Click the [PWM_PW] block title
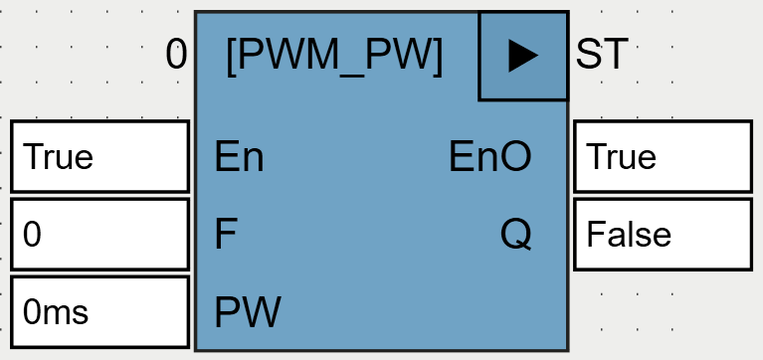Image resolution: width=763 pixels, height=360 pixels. (x=334, y=56)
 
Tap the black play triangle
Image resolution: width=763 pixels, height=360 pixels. (x=522, y=57)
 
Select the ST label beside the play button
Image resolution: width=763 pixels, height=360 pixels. (x=601, y=56)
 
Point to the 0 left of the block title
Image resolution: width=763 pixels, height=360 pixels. (x=176, y=56)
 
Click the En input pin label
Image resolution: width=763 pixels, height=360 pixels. (x=239, y=157)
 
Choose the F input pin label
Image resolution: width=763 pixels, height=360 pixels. (x=226, y=235)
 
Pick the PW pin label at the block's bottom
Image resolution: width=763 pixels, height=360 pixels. (x=248, y=313)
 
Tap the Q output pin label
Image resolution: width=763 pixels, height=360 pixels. (x=515, y=235)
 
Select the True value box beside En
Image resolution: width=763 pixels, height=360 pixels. (x=99, y=156)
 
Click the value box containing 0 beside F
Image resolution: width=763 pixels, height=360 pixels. (x=99, y=234)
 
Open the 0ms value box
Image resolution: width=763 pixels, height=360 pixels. (x=99, y=312)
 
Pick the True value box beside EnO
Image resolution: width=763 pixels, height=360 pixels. (x=663, y=156)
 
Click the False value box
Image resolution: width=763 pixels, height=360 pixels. (x=663, y=234)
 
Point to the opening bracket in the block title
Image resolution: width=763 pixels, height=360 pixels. (x=233, y=57)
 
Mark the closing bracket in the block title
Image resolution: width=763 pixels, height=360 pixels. (x=437, y=57)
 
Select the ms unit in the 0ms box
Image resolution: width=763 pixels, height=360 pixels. (x=66, y=313)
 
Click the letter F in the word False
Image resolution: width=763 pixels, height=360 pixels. (x=595, y=235)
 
